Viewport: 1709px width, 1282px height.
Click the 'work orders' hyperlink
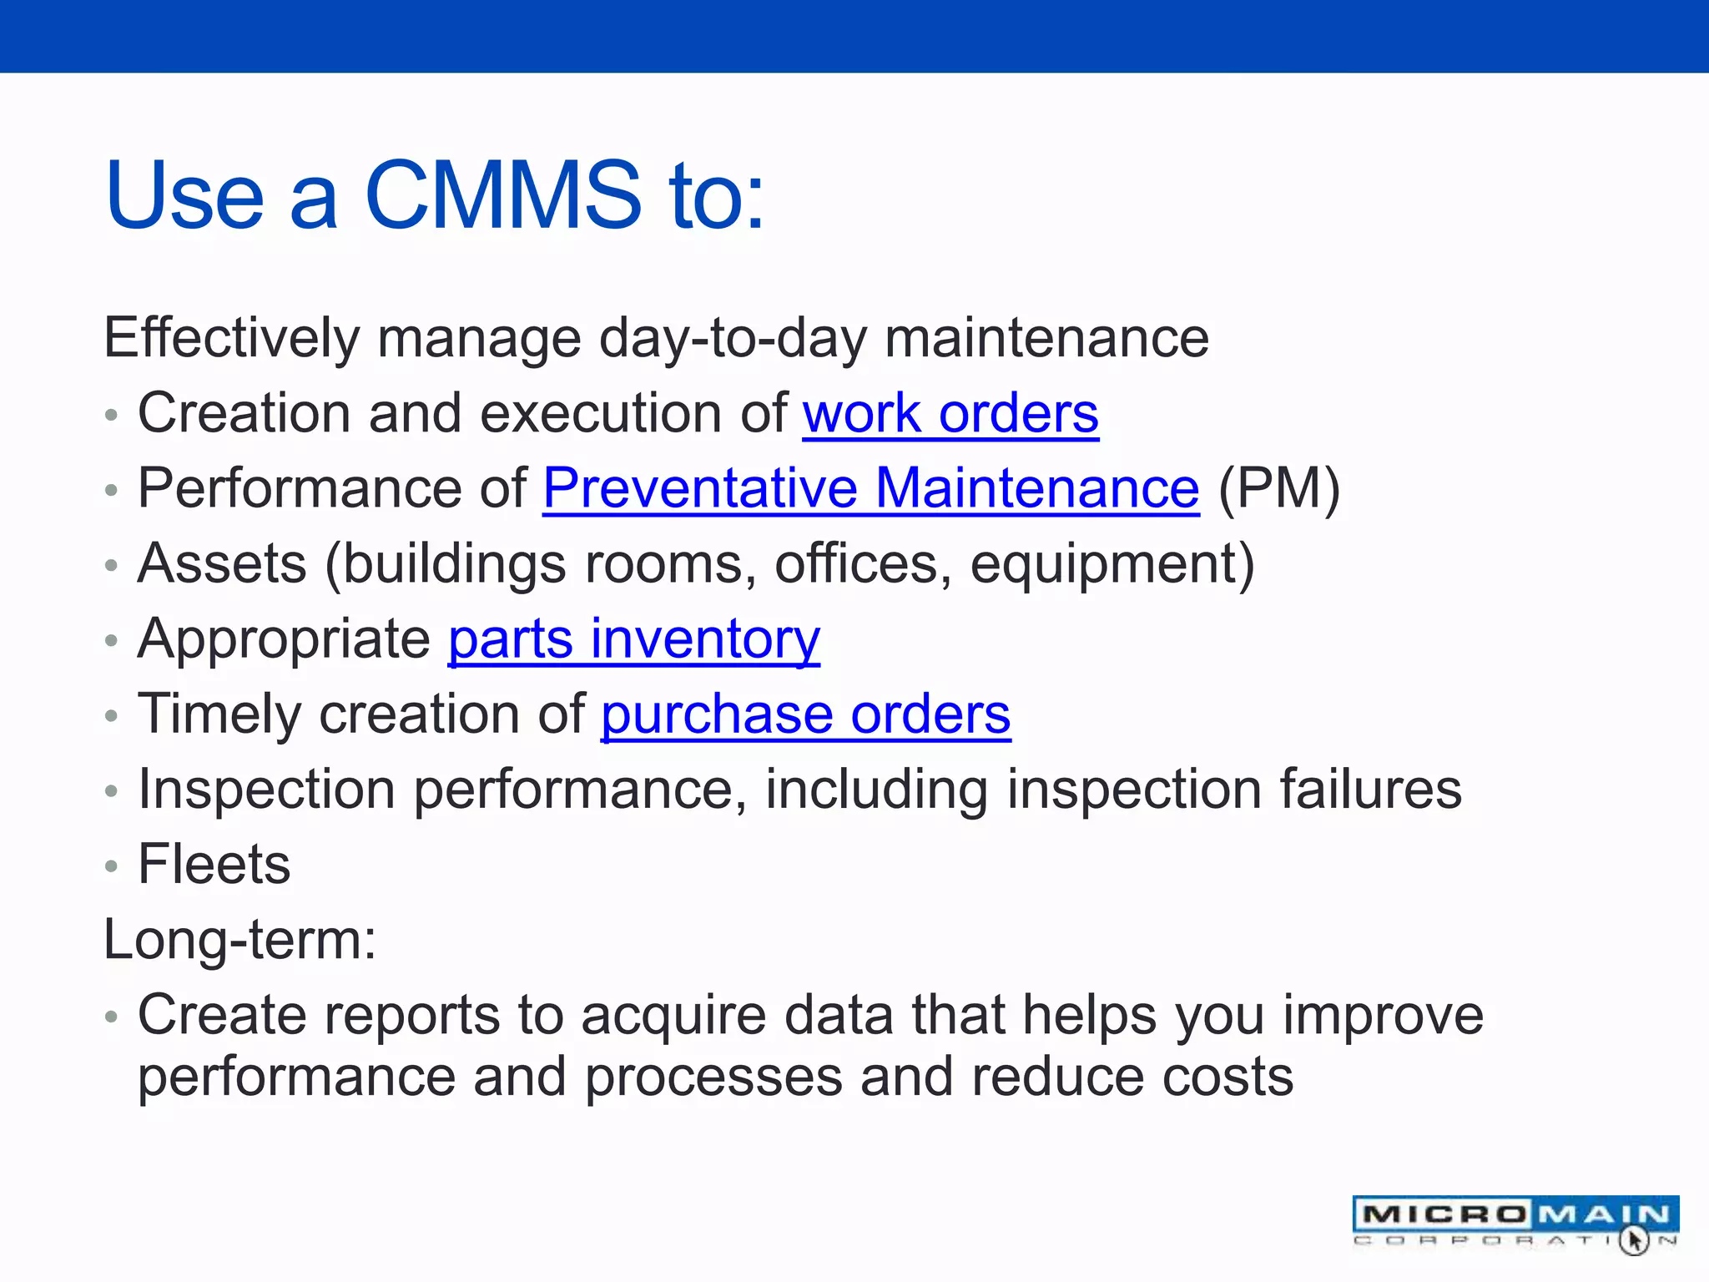coord(950,415)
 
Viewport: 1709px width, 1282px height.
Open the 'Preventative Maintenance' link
coord(870,489)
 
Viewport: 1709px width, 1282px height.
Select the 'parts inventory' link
coord(634,640)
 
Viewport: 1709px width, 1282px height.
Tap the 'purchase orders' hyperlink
coord(805,715)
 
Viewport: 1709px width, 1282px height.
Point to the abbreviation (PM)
coord(1278,489)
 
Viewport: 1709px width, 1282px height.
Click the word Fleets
coord(214,865)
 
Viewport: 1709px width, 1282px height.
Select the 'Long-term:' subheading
coord(239,941)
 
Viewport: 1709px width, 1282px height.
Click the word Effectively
coord(231,339)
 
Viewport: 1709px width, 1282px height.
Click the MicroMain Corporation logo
coord(1515,1222)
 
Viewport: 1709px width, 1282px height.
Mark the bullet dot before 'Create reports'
coord(112,1017)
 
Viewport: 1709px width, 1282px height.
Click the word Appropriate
coord(284,640)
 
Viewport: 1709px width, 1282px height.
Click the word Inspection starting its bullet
coord(266,790)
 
